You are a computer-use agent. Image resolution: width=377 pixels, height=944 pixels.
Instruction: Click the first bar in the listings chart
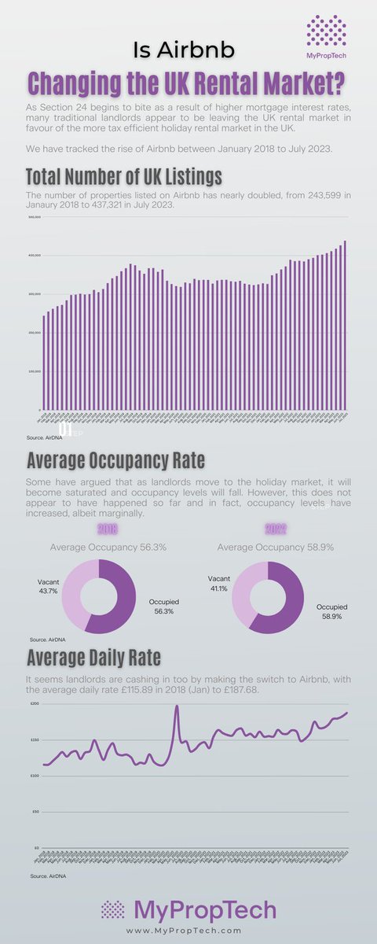point(44,363)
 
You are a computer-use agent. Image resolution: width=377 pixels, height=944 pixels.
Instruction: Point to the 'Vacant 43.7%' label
point(49,585)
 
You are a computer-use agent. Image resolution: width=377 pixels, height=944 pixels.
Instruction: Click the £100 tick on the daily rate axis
point(34,776)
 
